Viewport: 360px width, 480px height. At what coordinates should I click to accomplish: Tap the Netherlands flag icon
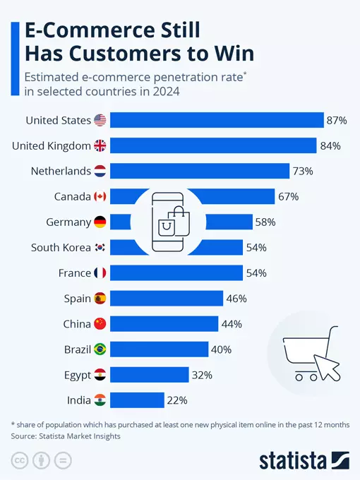[x=100, y=172]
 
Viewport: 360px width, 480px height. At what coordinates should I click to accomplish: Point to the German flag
[x=100, y=222]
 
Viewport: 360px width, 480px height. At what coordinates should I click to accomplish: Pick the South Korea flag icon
[x=100, y=248]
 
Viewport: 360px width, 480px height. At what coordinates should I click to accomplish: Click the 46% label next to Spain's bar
[x=236, y=299]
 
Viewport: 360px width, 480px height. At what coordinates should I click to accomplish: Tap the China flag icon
[x=100, y=324]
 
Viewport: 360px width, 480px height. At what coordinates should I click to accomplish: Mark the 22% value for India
[x=176, y=400]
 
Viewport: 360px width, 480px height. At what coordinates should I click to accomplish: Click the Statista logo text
[x=292, y=460]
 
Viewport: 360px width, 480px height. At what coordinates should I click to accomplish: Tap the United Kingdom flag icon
[x=100, y=146]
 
